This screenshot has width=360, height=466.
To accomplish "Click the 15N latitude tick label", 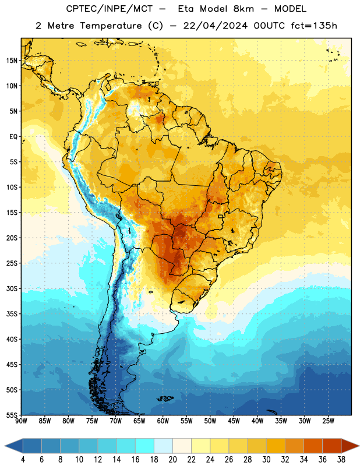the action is (12, 61).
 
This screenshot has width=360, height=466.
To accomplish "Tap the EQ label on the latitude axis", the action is (13, 137).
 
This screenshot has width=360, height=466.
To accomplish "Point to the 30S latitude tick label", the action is (12, 288).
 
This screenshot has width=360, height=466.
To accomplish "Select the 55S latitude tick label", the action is (12, 415).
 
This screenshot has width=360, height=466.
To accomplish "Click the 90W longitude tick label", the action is (21, 421).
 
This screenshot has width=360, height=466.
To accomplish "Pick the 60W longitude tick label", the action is (163, 421).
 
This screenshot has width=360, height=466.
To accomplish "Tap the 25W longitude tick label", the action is (328, 421).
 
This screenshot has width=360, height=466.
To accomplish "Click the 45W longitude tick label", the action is (234, 421).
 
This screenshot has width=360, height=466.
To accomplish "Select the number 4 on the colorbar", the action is (23, 460).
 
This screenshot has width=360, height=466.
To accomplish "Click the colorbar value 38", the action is (341, 460).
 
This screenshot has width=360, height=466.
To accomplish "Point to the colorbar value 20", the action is (172, 460).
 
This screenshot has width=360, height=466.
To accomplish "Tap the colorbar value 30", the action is (266, 460).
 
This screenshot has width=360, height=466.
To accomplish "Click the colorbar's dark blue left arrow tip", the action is (5, 446).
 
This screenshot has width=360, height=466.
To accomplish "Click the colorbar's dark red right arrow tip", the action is (359, 446).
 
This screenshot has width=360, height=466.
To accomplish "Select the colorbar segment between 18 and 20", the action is (164, 446).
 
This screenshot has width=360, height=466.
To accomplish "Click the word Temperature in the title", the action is (111, 26).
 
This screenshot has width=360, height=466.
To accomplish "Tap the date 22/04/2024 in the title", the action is (215, 26).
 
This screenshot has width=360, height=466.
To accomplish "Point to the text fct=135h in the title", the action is (314, 26).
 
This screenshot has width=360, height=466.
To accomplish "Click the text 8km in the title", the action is (243, 9).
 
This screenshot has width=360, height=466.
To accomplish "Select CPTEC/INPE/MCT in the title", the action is (109, 9).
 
